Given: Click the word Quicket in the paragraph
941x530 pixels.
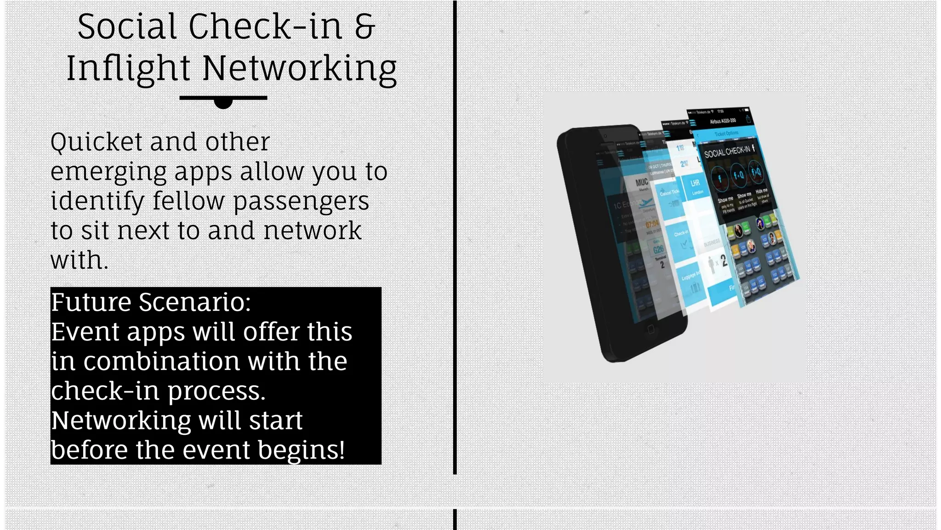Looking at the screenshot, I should tap(96, 142).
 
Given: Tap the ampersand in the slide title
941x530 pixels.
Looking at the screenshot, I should tap(365, 27).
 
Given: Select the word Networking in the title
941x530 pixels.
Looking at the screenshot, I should tap(299, 69).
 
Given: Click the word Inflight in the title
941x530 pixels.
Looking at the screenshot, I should tap(128, 69).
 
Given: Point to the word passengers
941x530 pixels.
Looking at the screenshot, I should tap(301, 201).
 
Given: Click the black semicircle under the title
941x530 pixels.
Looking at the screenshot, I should tap(223, 103).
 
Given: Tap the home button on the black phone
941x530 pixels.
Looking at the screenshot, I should tap(651, 329).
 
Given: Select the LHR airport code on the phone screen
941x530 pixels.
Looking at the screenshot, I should tap(695, 183).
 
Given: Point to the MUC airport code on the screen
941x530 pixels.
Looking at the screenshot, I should tap(641, 182).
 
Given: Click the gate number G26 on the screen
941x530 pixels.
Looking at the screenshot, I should tap(658, 249).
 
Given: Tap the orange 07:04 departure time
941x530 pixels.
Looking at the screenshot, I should tap(652, 224).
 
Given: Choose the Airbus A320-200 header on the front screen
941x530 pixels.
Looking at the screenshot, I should tap(723, 121).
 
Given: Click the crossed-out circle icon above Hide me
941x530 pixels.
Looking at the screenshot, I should tap(756, 172).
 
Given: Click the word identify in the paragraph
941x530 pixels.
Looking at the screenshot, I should tap(97, 201).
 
